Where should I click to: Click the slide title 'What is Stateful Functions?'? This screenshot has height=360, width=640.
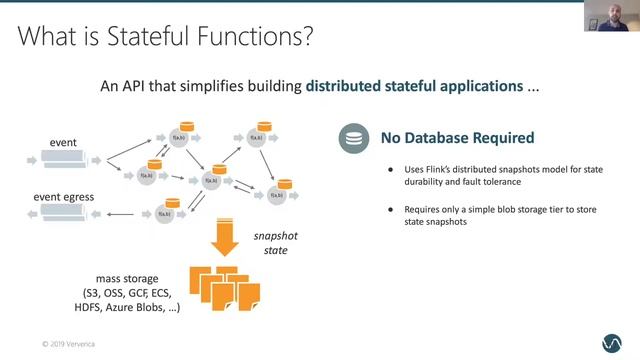[x=166, y=38]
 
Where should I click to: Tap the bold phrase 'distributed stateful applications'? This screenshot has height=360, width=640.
[x=414, y=86]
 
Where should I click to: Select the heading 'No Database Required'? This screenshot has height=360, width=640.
[x=456, y=138]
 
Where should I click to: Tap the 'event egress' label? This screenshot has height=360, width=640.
[x=65, y=196]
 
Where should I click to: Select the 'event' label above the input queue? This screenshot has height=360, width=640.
[x=63, y=143]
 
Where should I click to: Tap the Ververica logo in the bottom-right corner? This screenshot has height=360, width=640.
[x=611, y=340]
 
